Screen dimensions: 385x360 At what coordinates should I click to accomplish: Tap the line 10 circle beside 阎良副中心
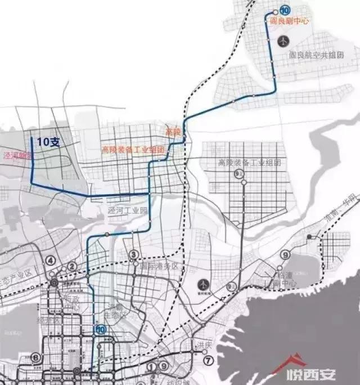286,10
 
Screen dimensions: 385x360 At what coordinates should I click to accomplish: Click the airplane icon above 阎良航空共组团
283,41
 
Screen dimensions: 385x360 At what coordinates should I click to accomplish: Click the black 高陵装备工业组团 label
249,163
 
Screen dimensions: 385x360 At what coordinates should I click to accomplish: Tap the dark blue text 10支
48,142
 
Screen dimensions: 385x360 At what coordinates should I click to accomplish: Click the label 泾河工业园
127,209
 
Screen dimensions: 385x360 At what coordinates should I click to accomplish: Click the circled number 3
133,255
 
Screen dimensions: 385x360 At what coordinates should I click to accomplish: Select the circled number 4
51,260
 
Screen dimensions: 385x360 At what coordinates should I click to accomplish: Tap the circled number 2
72,266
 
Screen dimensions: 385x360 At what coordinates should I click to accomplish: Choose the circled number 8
36,357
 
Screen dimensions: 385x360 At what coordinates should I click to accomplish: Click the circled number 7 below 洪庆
209,360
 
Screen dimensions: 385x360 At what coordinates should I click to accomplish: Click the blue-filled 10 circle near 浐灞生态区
101,330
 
